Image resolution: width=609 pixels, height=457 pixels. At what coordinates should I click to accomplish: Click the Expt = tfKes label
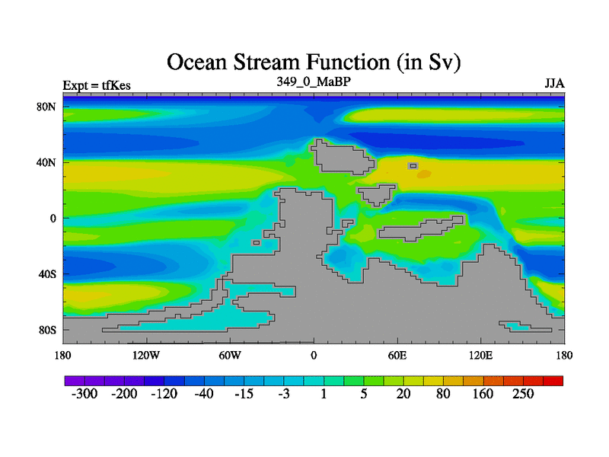(97, 85)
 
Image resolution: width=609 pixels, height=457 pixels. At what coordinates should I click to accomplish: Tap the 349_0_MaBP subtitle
(314, 81)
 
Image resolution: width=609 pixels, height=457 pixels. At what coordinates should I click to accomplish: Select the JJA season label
(555, 84)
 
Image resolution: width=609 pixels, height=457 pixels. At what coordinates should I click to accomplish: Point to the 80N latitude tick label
(46, 107)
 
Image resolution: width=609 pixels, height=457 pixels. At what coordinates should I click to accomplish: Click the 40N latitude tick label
(46, 162)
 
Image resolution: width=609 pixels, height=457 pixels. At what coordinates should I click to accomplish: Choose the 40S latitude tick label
(47, 274)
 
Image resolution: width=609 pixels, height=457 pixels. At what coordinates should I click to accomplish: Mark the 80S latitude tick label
(47, 330)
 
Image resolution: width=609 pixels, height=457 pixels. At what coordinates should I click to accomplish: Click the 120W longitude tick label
(146, 355)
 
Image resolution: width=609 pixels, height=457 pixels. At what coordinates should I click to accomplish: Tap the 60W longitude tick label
(230, 355)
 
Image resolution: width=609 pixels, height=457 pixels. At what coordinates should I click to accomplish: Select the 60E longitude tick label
(397, 355)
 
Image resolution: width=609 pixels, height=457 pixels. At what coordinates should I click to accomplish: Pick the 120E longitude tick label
(481, 355)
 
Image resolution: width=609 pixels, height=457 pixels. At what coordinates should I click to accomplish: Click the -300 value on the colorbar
(84, 394)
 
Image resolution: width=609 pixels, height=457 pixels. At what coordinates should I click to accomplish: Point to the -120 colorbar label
(164, 394)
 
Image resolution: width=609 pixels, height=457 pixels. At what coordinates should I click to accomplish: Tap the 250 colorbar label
(523, 394)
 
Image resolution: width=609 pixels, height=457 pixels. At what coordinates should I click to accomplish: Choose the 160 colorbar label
(483, 394)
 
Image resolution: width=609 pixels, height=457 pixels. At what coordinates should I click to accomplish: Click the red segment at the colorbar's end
(553, 381)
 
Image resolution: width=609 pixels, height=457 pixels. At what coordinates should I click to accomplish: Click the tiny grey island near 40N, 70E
(413, 166)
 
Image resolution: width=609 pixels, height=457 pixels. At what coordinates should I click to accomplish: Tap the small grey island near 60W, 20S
(256, 243)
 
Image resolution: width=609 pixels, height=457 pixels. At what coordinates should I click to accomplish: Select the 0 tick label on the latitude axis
(53, 219)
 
